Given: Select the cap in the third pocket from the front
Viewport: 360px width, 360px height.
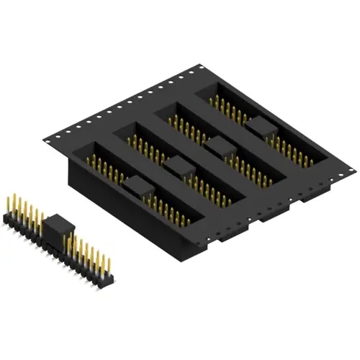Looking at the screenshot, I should coord(220,148).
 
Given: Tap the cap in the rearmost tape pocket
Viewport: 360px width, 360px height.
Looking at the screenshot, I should coord(260,128).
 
